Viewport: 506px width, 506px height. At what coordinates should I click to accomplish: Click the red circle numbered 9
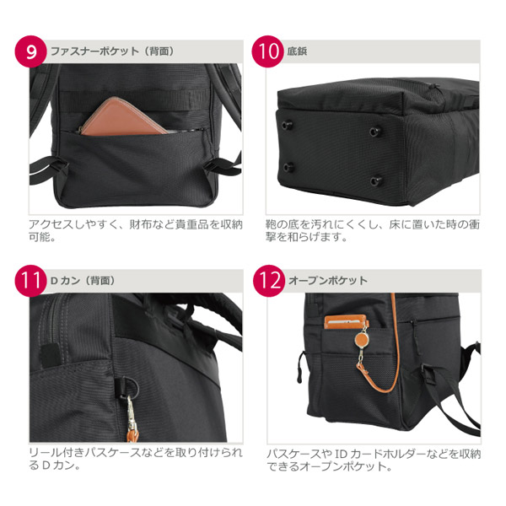pyautogui.click(x=30, y=51)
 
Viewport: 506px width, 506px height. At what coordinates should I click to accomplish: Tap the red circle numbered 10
pyautogui.click(x=268, y=51)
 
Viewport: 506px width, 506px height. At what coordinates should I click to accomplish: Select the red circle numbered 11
pyautogui.click(x=30, y=281)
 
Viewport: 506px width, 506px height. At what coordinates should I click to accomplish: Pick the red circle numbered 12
pyautogui.click(x=269, y=281)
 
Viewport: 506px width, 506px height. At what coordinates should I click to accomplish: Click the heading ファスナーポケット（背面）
pyautogui.click(x=113, y=51)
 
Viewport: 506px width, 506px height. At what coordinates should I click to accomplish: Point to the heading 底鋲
pyautogui.click(x=297, y=51)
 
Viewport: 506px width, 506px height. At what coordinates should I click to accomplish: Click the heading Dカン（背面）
pyautogui.click(x=83, y=281)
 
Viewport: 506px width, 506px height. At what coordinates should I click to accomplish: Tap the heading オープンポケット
pyautogui.click(x=328, y=281)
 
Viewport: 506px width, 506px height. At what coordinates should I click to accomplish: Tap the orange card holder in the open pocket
pyautogui.click(x=347, y=322)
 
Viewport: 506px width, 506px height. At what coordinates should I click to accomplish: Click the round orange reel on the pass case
pyautogui.click(x=362, y=340)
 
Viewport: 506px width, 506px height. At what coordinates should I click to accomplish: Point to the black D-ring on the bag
pyautogui.click(x=130, y=386)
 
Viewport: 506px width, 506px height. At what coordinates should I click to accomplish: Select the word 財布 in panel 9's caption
pyautogui.click(x=140, y=224)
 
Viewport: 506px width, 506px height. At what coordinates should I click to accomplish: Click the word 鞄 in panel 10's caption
pyautogui.click(x=271, y=224)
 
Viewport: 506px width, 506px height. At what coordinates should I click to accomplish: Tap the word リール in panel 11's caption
pyautogui.click(x=46, y=453)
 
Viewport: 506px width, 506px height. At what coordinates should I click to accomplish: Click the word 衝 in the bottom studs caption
pyautogui.click(x=474, y=224)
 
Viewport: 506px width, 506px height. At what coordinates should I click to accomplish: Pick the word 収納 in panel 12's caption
pyautogui.click(x=470, y=455)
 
